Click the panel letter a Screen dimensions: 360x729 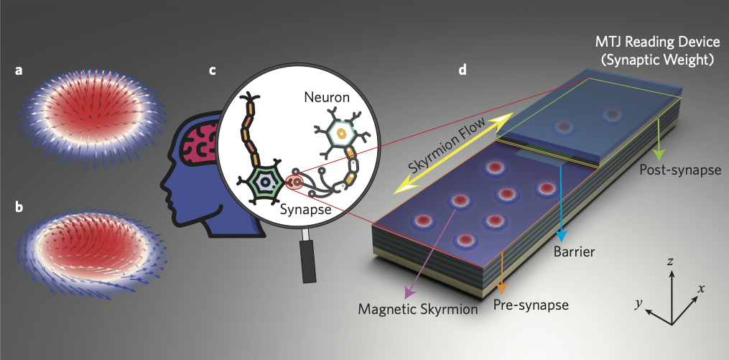pos(19,71)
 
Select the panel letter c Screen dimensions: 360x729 pos(212,71)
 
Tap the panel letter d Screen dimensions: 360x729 pos(463,71)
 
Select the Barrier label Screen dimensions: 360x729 pos(573,253)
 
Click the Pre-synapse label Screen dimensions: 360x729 pos(531,305)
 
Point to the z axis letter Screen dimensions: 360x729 pos(669,262)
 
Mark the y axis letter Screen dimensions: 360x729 pos(638,304)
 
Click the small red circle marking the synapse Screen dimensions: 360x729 pos(293,183)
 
